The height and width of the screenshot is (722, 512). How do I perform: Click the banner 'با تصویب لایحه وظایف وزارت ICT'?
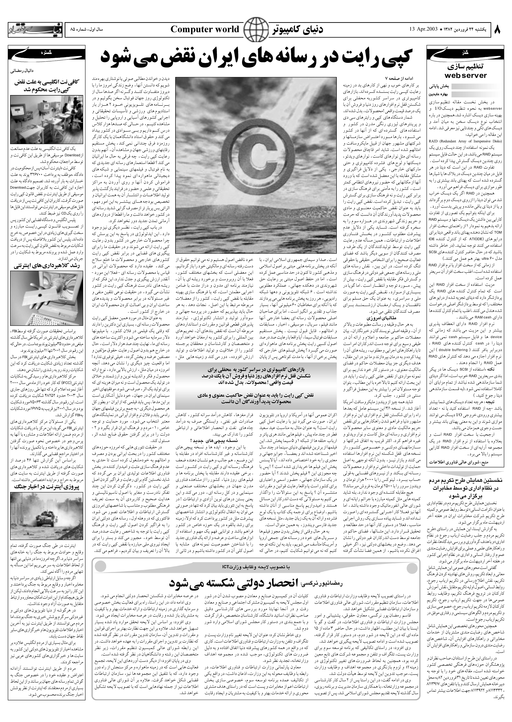click(x=255, y=567)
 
